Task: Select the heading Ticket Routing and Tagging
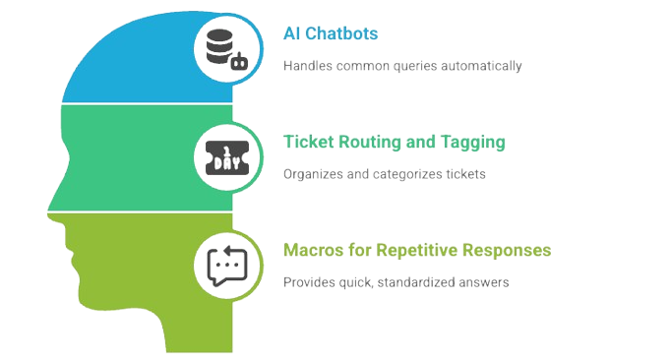coord(394,143)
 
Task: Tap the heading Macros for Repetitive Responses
coord(416,250)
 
